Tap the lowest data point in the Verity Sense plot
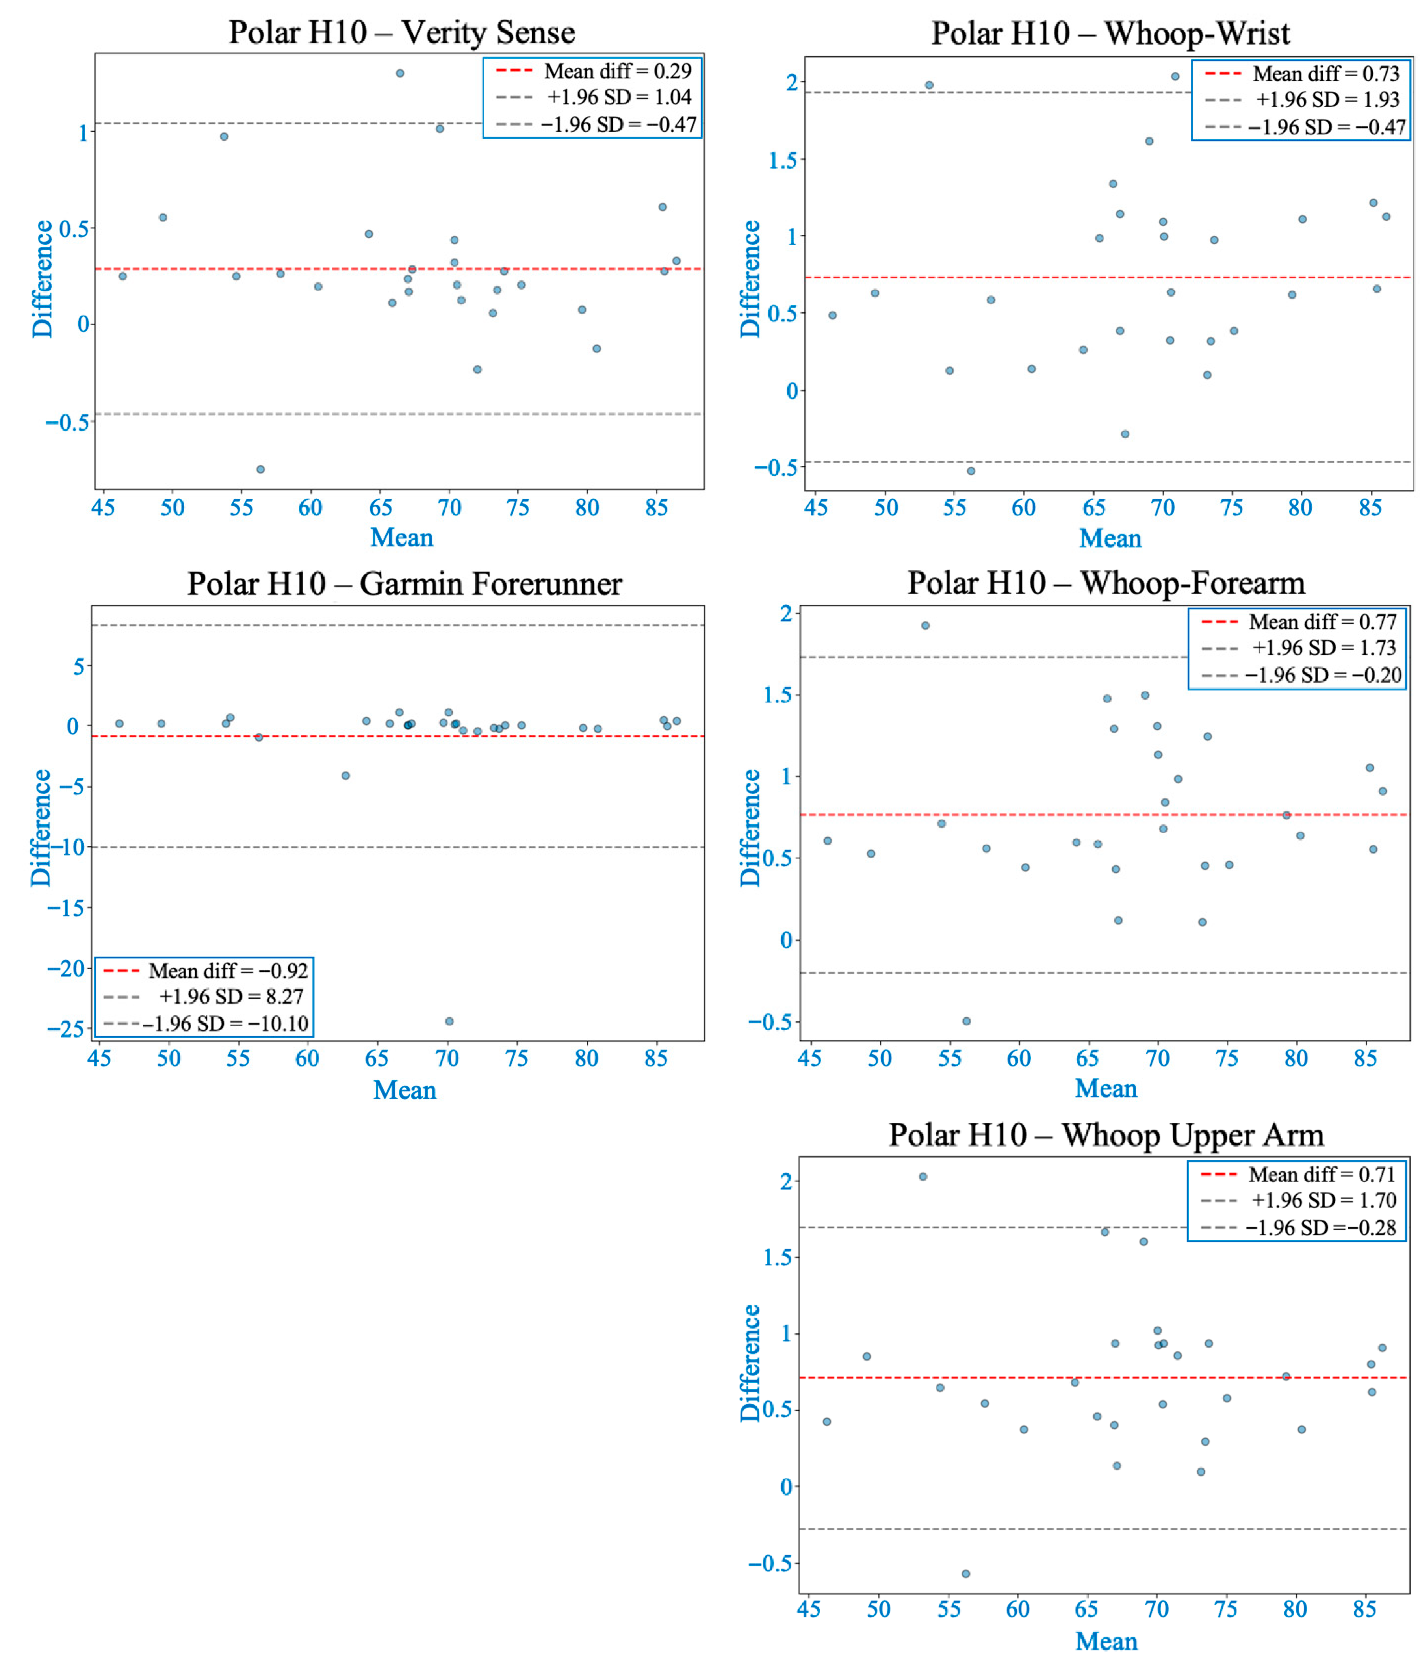[x=260, y=469]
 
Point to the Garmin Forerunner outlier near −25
[x=449, y=1021]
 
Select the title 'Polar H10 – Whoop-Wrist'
[x=1110, y=34]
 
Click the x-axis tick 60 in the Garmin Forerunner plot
[x=307, y=1058]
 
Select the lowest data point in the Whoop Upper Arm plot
[x=966, y=1573]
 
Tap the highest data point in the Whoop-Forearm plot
[x=925, y=625]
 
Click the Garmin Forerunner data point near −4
[x=345, y=776]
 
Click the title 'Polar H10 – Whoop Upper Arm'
[x=1106, y=1135]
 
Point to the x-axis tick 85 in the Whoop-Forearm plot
[x=1365, y=1058]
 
